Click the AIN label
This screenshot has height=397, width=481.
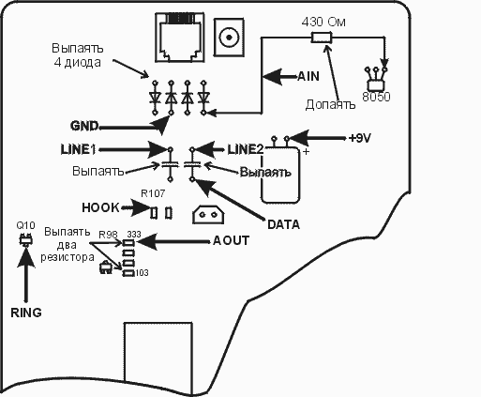[x=308, y=76]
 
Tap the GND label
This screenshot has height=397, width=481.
[x=84, y=126]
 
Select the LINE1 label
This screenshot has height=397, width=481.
[x=78, y=149]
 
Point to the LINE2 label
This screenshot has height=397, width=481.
[x=246, y=149]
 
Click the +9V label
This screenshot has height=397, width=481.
[x=359, y=138]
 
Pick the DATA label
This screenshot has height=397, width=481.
[x=283, y=224]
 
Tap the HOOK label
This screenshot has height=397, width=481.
[x=100, y=207]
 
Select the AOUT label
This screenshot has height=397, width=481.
[x=231, y=240]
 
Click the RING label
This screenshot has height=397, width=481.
[x=26, y=313]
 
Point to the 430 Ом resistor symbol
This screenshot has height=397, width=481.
[x=322, y=38]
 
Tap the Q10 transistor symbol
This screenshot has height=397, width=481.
[x=25, y=239]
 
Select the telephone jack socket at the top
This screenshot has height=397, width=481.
[x=180, y=38]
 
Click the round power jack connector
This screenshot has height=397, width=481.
[x=229, y=38]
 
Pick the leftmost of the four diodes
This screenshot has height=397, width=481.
[x=155, y=98]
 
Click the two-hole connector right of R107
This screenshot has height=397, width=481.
[x=208, y=215]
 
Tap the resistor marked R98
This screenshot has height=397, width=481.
[x=128, y=243]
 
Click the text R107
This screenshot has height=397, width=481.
[x=153, y=193]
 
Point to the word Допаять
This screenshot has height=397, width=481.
[x=330, y=104]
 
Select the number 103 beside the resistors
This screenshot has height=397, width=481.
[x=142, y=273]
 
